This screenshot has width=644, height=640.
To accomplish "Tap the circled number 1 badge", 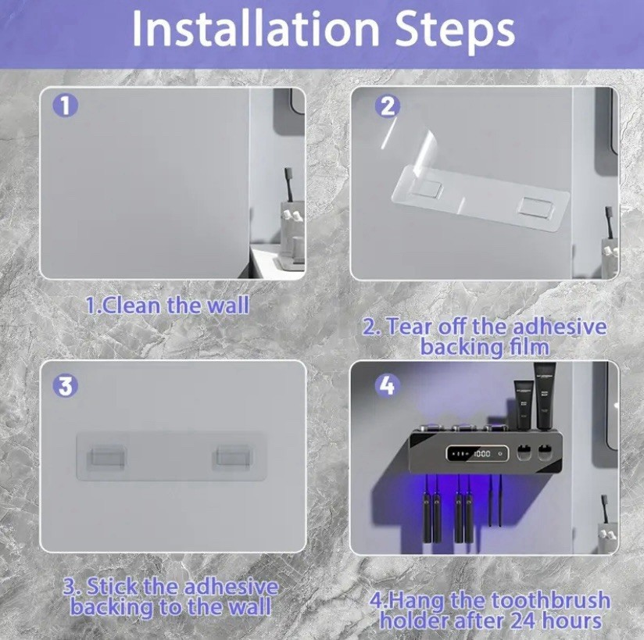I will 66,105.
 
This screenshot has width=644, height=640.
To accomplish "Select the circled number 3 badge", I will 66,385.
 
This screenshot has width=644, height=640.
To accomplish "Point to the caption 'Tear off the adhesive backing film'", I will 485,335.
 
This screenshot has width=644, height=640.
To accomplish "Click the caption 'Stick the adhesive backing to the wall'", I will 171,595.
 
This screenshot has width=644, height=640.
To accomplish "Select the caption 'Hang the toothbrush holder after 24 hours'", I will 491,610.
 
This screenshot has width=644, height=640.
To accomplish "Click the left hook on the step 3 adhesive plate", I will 106,458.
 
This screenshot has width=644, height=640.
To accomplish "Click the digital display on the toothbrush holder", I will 473,453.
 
